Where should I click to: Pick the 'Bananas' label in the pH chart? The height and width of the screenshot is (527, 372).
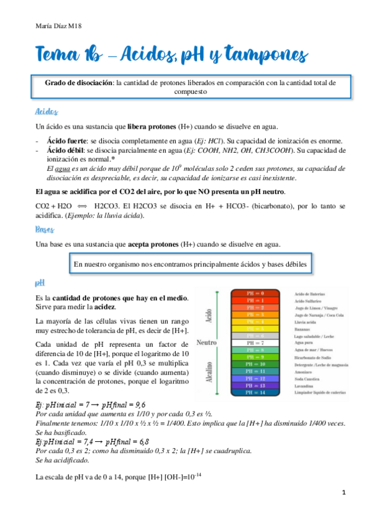point(302,328)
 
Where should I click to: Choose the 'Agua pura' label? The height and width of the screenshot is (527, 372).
point(304,342)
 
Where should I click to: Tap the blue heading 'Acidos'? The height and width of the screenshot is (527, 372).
point(47,112)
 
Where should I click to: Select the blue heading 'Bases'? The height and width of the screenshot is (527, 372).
point(45,229)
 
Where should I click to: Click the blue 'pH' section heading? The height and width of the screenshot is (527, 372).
point(40,282)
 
